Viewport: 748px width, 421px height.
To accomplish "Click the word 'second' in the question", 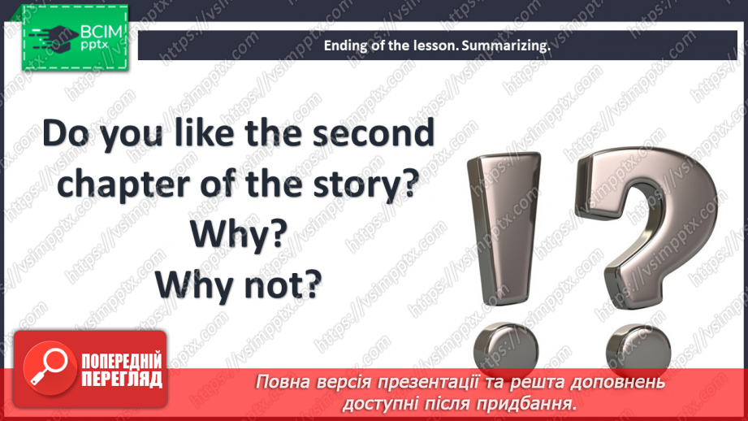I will [368, 134].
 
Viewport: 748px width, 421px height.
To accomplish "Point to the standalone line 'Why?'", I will [238, 236].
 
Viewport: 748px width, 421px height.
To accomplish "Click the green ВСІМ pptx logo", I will [73, 37].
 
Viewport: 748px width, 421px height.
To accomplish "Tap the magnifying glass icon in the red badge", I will [47, 367].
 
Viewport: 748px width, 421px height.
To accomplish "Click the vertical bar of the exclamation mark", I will [499, 228].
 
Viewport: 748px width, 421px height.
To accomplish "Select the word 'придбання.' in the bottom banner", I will [538, 402].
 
